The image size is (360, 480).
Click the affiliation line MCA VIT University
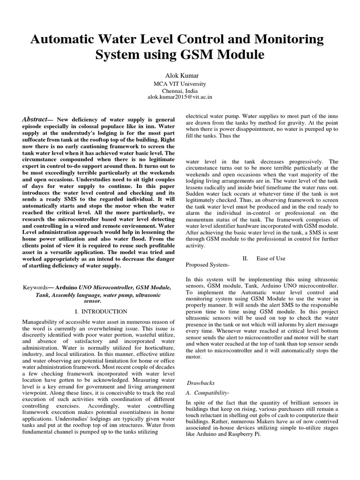(180, 84)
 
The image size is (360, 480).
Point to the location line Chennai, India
(180, 91)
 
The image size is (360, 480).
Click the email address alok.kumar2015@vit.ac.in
(180, 97)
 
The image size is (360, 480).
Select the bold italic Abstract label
(35, 120)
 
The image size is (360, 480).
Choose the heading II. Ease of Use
(264, 258)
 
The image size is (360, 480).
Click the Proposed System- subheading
(208, 265)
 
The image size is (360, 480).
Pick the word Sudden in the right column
(196, 192)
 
